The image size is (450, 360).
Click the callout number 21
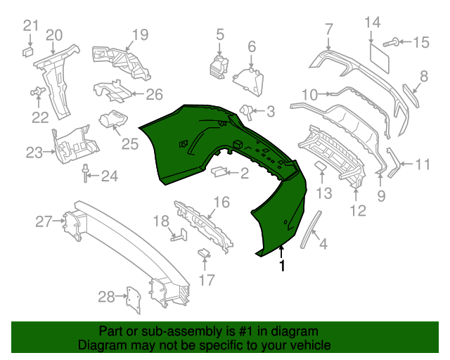[30, 26]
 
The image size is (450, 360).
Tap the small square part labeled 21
[28, 52]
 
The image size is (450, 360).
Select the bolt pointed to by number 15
[390, 42]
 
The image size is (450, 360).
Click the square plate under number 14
[380, 58]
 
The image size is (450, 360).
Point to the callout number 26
[155, 94]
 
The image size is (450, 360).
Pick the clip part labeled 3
[246, 112]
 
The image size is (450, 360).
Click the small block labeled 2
[219, 172]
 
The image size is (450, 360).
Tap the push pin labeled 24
[86, 173]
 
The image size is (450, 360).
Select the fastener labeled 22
[37, 91]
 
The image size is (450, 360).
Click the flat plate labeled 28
[134, 300]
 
